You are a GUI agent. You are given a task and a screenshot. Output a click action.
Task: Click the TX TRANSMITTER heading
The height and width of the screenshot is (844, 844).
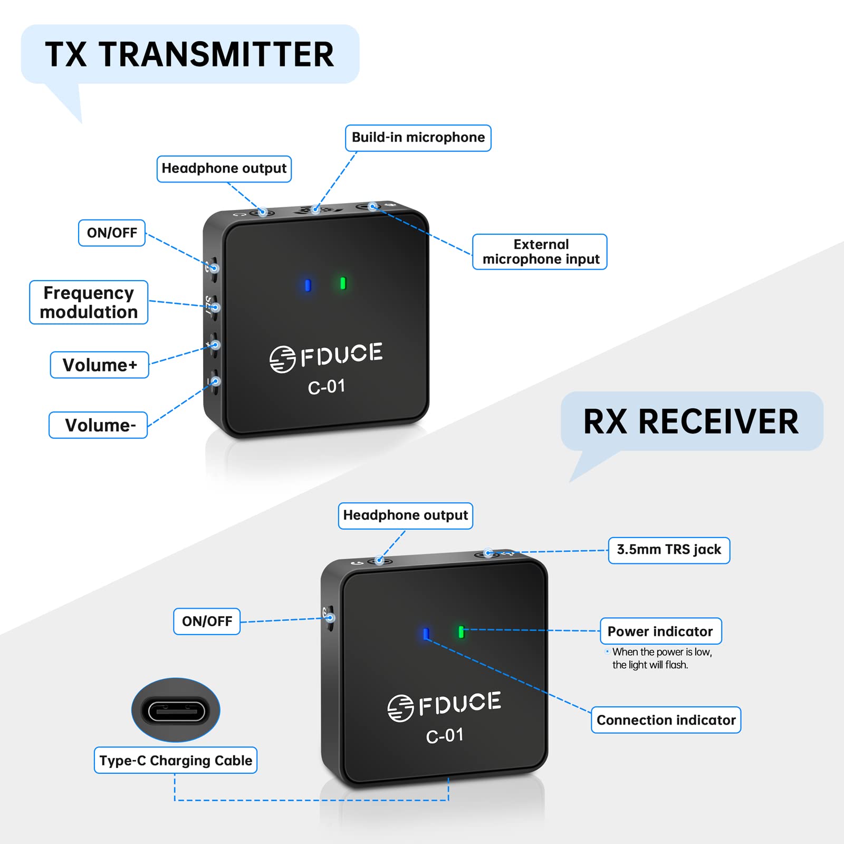coord(189,54)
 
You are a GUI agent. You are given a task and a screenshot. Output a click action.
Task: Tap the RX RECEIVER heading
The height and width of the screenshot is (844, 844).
coord(691,421)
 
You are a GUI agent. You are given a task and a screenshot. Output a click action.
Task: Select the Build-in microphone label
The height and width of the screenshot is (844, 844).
coord(418,138)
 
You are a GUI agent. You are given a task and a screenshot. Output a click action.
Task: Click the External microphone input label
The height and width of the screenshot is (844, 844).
coord(540,252)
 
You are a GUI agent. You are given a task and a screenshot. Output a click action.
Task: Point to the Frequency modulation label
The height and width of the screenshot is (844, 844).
coord(89,302)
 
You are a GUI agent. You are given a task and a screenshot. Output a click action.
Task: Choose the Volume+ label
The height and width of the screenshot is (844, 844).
coord(100,365)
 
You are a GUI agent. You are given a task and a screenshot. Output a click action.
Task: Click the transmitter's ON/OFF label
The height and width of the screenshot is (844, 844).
coord(112,233)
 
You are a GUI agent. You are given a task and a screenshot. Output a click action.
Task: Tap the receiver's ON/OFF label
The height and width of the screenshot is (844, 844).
coord(207,621)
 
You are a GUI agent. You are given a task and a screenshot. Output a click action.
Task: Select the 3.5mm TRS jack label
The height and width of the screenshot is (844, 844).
coord(669,550)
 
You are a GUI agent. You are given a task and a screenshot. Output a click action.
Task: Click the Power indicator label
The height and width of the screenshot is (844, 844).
coord(660,631)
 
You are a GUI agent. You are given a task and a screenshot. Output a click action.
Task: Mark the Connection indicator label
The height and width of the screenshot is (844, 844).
coord(666,720)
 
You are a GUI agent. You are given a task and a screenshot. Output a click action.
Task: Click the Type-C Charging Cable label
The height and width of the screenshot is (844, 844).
coord(176,760)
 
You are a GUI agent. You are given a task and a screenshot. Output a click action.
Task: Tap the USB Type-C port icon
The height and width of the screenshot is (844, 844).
coord(176,710)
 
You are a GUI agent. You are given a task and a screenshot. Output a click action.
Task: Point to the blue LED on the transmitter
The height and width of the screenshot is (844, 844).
coord(308,285)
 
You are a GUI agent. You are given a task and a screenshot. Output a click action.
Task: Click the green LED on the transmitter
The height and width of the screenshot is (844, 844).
coord(343,284)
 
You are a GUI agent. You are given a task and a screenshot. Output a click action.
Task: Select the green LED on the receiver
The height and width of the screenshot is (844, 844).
coord(461,632)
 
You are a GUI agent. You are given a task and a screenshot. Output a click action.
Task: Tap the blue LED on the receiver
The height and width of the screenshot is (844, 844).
coord(426,634)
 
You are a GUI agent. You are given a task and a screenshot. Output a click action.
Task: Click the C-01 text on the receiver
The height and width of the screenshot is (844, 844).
coord(445,735)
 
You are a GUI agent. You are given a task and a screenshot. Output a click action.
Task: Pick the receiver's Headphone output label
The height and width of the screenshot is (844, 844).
coord(405,515)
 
